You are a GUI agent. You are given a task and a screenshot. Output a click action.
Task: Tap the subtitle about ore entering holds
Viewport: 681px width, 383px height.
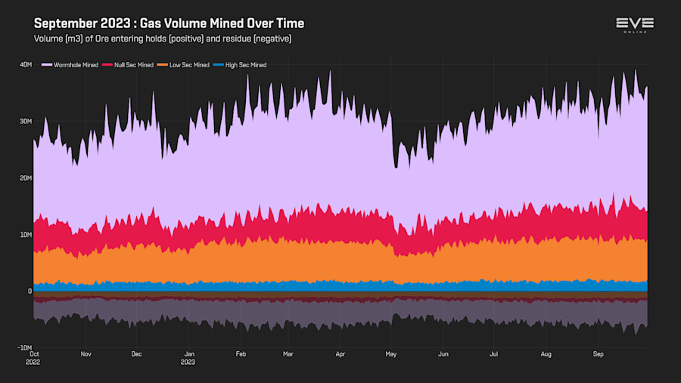coord(163,39)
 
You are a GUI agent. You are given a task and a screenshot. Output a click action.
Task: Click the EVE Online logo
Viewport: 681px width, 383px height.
coord(634,26)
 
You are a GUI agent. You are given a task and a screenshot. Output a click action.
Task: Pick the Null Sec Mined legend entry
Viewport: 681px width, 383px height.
coord(132,65)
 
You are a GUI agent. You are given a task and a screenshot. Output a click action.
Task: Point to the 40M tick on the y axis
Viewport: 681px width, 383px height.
coord(25,64)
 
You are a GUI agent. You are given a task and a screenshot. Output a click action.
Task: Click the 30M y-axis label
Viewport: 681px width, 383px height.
coord(25,121)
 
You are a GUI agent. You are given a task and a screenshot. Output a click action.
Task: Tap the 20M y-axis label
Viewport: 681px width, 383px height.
coord(25,178)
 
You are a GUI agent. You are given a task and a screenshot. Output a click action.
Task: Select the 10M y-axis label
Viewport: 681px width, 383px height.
coord(25,235)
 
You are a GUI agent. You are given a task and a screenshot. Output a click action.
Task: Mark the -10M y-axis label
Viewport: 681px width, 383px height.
coord(23,348)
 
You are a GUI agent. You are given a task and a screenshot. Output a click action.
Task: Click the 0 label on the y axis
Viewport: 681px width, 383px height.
coord(30,291)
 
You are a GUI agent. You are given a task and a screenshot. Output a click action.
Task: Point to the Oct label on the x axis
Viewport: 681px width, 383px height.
coord(34,353)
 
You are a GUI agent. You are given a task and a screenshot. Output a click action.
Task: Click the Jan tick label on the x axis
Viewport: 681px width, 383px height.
coord(190,353)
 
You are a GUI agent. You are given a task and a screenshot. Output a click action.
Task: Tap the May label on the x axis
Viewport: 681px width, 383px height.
coord(391,353)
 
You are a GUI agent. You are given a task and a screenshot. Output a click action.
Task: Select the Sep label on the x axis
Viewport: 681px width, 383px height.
coord(598,353)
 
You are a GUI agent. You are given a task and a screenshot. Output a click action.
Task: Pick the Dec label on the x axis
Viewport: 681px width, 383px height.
coord(136,353)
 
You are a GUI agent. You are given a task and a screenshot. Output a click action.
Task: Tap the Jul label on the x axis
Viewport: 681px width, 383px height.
coord(493,353)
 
